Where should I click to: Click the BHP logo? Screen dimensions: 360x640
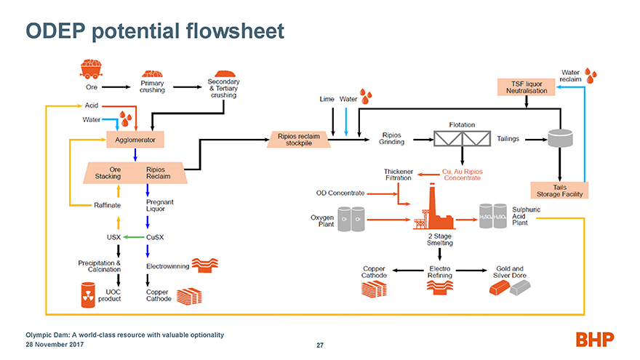point(595,338)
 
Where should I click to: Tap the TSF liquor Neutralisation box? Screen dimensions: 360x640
point(526,87)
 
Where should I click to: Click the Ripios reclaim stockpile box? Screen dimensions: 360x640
point(299,138)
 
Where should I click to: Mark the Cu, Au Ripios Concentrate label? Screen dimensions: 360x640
point(463,175)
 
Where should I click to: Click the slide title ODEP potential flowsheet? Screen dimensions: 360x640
point(154,31)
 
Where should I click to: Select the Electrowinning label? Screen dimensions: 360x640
point(167,266)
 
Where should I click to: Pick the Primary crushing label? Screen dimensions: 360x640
point(152,86)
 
